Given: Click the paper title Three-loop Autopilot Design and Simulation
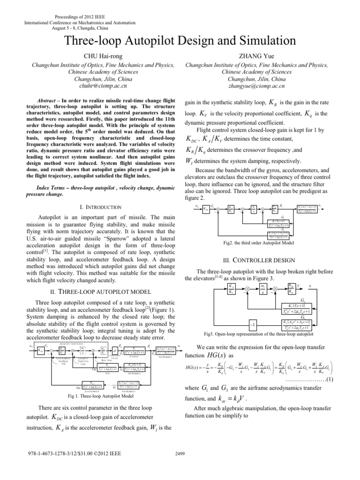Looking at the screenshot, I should tap(180, 39).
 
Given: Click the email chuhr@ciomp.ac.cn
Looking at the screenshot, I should tap(90, 86).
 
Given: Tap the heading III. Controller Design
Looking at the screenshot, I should tap(269, 261).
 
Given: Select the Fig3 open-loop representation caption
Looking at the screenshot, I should tap(269, 334).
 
